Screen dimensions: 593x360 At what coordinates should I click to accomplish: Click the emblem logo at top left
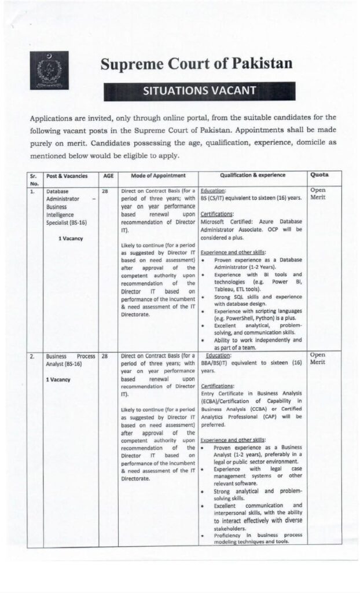pyautogui.click(x=49, y=71)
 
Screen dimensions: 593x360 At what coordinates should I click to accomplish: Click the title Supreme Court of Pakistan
pyautogui.click(x=196, y=64)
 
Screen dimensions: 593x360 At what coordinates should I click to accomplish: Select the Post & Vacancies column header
pyautogui.click(x=67, y=175)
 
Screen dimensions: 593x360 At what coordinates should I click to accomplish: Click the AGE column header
pyautogui.click(x=108, y=175)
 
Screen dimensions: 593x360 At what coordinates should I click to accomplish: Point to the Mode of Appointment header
pyautogui.click(x=158, y=175)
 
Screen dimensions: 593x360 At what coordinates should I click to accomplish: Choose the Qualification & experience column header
pyautogui.click(x=252, y=175)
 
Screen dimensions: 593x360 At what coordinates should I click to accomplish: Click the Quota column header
pyautogui.click(x=320, y=174)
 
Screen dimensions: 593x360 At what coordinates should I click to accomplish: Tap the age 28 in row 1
pyautogui.click(x=105, y=191)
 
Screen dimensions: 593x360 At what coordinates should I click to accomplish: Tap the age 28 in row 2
pyautogui.click(x=105, y=357)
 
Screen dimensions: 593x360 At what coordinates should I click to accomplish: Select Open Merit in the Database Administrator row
pyautogui.click(x=319, y=194)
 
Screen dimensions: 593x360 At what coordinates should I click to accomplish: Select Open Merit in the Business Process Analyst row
pyautogui.click(x=319, y=359)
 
